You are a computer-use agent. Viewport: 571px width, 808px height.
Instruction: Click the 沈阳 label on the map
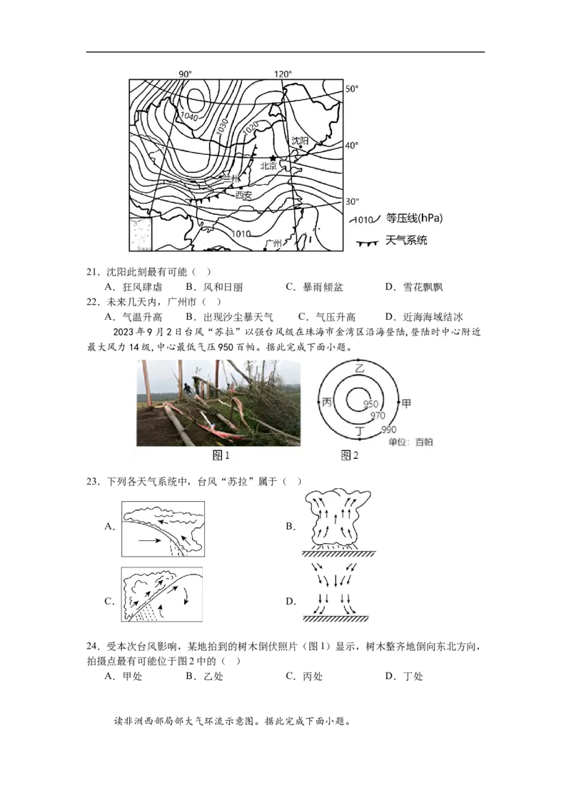pos(299,141)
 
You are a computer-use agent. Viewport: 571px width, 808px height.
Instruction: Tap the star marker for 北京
pos(273,158)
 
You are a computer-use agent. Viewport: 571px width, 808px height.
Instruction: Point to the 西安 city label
pos(243,195)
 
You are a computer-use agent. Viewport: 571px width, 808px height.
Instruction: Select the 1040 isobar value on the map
pos(189,117)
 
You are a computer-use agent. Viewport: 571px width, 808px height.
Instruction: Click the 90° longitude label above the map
pos(185,74)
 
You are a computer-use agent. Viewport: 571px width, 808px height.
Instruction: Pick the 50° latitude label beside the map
pos(352,89)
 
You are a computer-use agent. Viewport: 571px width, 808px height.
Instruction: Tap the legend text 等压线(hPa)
pos(415,218)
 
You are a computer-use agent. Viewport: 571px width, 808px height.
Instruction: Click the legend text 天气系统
pos(406,240)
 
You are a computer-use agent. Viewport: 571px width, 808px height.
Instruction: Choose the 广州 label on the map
pos(273,243)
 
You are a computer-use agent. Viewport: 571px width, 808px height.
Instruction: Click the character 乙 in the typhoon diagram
pos(360,368)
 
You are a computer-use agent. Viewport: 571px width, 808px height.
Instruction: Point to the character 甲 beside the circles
pos(406,403)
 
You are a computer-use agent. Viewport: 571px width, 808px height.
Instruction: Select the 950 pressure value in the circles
pos(370,404)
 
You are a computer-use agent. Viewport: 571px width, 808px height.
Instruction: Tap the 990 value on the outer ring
pos(388,429)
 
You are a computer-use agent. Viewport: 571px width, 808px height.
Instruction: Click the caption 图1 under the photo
pos(221,455)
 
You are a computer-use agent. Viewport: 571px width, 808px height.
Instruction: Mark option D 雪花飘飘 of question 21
pos(414,287)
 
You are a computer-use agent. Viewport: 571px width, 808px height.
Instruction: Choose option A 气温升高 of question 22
pos(133,317)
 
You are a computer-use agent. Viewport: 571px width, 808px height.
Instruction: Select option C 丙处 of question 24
pos(304,676)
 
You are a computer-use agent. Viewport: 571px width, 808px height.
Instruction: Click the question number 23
pos(92,482)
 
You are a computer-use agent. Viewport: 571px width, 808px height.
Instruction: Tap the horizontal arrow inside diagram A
pos(149,540)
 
